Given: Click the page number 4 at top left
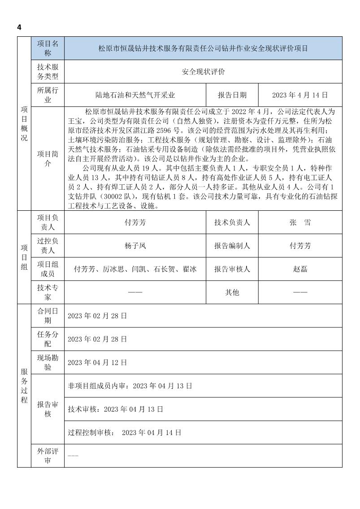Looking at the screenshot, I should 19,27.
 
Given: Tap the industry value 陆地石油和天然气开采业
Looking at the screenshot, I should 135,95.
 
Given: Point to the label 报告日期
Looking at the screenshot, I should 232,95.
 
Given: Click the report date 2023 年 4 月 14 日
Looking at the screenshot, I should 300,95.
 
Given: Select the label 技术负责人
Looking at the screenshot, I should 232,222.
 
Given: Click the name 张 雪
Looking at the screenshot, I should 300,222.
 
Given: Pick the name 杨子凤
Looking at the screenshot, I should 135,246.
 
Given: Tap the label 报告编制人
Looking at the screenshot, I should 232,246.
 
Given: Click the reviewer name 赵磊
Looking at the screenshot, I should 300,269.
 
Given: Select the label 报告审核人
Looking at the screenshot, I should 232,269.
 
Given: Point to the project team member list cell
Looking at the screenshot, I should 135,269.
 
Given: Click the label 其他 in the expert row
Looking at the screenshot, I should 232,292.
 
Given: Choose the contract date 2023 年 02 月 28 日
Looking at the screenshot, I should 97,316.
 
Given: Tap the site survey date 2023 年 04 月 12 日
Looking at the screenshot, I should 97,362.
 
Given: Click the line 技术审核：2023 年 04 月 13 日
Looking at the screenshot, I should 115,409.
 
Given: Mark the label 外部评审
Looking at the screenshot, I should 48,456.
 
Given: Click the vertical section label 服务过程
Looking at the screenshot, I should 24,385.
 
